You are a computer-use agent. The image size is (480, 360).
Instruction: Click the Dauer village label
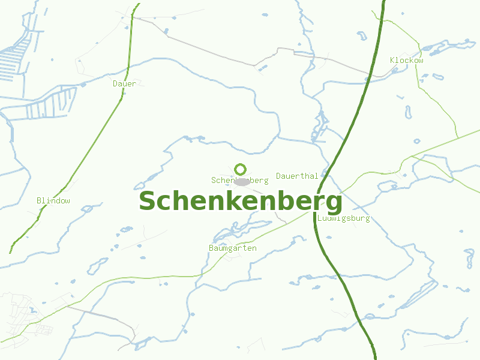click(x=124, y=84)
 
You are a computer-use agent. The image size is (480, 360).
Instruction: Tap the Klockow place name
click(x=406, y=61)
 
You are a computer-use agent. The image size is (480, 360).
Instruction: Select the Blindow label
click(x=53, y=200)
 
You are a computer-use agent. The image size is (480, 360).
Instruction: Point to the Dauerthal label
click(x=297, y=176)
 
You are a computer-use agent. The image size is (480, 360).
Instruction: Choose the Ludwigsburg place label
click(x=344, y=218)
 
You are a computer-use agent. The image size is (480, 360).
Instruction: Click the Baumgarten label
click(x=233, y=248)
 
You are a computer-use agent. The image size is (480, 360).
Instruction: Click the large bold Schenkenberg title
click(x=240, y=202)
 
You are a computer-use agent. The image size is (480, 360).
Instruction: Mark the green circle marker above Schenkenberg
click(x=241, y=169)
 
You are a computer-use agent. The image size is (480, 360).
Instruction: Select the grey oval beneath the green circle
click(x=241, y=182)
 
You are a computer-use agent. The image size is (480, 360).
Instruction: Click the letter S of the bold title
click(x=147, y=202)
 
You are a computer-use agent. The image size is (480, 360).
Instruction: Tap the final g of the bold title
click(x=333, y=204)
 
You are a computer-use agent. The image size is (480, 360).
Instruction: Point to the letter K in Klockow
click(x=392, y=61)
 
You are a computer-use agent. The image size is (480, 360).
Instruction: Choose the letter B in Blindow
click(x=39, y=200)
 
